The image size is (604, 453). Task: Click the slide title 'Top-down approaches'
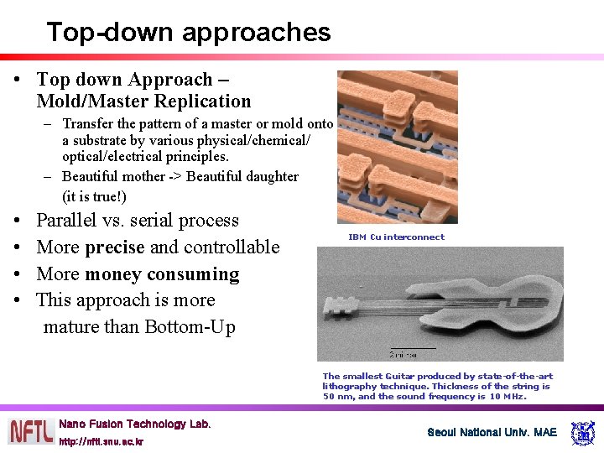click(x=189, y=32)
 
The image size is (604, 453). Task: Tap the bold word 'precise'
click(x=115, y=247)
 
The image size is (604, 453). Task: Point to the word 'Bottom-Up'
click(x=190, y=326)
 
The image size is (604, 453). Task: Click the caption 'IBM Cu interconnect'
click(x=396, y=237)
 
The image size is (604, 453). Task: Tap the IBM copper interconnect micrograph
click(x=397, y=147)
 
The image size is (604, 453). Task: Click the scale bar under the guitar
click(x=413, y=348)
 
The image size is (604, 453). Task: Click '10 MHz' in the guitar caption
click(x=508, y=397)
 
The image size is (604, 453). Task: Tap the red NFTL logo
click(x=31, y=431)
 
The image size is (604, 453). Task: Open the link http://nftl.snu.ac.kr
click(x=101, y=441)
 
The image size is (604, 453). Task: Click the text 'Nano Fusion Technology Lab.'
click(x=135, y=424)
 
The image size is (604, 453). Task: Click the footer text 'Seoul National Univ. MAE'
click(x=492, y=432)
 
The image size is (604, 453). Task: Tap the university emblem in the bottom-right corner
click(x=582, y=432)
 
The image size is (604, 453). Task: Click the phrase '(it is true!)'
click(x=94, y=197)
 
